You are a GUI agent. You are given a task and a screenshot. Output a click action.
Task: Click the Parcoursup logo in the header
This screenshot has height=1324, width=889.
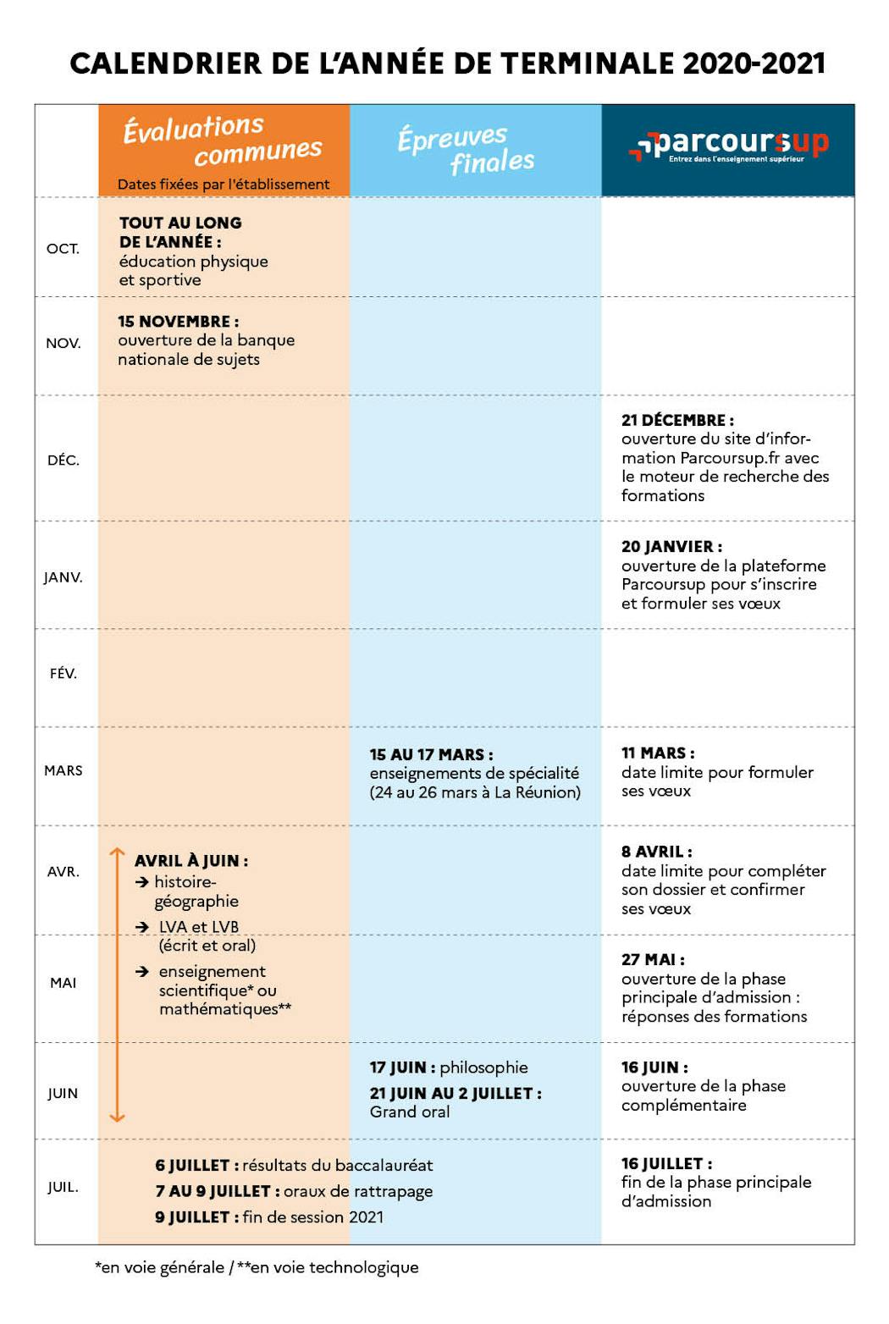coord(729,145)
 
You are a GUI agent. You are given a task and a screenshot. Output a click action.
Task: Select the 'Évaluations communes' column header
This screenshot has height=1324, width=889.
coord(223,140)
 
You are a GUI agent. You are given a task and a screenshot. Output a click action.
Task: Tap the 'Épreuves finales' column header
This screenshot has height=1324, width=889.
coord(467,149)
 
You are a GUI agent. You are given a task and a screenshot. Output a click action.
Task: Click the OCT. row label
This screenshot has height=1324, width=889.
coord(63,249)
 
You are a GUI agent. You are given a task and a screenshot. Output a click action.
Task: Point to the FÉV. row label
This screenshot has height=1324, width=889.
coord(63,674)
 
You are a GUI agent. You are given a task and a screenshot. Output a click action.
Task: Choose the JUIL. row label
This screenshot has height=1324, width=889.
coord(63,1187)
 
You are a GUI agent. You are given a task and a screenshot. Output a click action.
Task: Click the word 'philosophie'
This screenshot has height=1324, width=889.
coord(483,1067)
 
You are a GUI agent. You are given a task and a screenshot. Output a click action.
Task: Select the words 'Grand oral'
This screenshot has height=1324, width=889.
coord(410,1112)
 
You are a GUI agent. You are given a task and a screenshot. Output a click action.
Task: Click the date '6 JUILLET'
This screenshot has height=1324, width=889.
coord(192,1166)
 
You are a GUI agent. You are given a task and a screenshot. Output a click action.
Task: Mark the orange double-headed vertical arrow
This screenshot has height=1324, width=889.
coord(118,985)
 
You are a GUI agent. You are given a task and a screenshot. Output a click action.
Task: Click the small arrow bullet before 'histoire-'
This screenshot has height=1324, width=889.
coord(142,882)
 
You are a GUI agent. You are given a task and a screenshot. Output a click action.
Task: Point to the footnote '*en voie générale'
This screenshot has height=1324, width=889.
coord(160,1267)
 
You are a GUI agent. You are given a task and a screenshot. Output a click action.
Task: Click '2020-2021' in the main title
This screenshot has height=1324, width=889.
coord(754,63)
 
